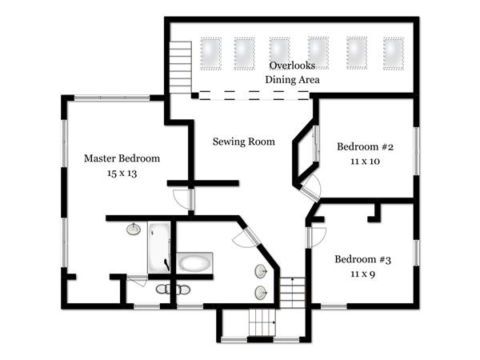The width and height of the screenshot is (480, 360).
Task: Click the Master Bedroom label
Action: click(x=122, y=158)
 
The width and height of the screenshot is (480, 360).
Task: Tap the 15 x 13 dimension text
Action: click(x=122, y=174)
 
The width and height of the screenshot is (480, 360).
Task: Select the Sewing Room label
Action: click(x=244, y=142)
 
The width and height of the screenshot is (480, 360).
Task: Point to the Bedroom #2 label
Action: click(x=365, y=146)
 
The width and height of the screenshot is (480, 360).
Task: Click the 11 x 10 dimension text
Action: click(x=365, y=162)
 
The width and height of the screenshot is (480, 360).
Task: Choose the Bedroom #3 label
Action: click(x=362, y=259)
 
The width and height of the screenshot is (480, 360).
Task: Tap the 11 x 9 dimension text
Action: click(x=362, y=274)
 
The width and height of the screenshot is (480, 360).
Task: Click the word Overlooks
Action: click(x=292, y=66)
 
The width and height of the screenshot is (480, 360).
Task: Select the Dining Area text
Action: click(x=292, y=79)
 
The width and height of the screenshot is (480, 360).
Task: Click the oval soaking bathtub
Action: click(x=194, y=262)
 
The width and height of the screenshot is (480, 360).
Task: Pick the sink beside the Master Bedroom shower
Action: click(x=134, y=229)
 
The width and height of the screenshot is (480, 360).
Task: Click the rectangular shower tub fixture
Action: click(x=159, y=247)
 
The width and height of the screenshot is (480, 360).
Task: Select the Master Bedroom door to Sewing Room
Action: click(x=183, y=200)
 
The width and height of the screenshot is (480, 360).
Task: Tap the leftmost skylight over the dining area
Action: click(x=211, y=54)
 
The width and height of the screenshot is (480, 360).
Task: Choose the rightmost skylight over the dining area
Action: click(x=394, y=54)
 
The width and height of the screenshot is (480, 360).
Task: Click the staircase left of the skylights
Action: click(x=181, y=67)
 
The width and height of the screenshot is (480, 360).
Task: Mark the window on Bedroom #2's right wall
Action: click(x=416, y=151)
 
